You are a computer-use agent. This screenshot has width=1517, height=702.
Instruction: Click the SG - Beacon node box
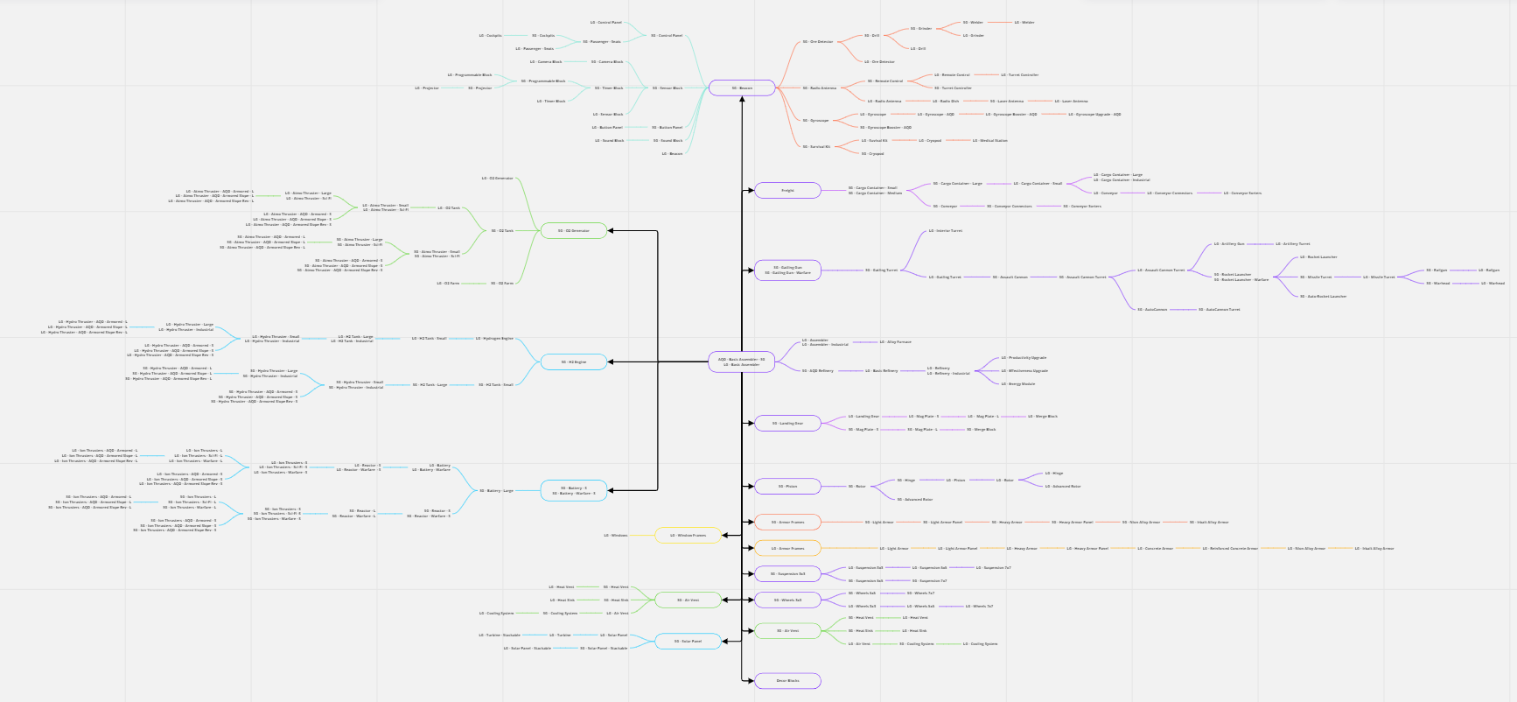click(x=742, y=88)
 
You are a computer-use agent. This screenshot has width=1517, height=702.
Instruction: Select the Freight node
click(x=787, y=190)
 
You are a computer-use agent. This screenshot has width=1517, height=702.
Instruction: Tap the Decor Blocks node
click(x=787, y=680)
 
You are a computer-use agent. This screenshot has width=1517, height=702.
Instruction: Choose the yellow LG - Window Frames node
click(x=688, y=535)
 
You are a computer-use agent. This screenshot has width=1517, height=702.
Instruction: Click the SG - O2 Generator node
click(x=574, y=231)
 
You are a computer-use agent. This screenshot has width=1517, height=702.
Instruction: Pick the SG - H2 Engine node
click(x=574, y=362)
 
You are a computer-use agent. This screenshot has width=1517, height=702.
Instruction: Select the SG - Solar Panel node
click(x=688, y=641)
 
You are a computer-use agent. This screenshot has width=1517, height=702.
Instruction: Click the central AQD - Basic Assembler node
click(x=742, y=362)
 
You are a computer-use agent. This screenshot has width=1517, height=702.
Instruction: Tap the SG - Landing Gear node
click(x=787, y=423)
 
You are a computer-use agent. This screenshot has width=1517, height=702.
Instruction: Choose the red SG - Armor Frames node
click(x=787, y=522)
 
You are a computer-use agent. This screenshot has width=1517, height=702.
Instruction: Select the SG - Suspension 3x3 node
click(x=787, y=573)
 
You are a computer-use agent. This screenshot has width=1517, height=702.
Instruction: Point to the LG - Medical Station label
click(x=989, y=140)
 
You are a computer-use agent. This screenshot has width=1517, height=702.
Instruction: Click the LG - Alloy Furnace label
click(x=895, y=341)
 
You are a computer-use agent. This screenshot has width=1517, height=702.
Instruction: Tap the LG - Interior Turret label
click(x=945, y=231)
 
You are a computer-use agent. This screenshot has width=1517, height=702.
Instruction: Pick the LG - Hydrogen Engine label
click(x=495, y=338)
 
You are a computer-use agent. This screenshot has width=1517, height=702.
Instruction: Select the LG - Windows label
click(x=615, y=535)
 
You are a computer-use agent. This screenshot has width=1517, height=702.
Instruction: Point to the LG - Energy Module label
click(x=1018, y=383)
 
